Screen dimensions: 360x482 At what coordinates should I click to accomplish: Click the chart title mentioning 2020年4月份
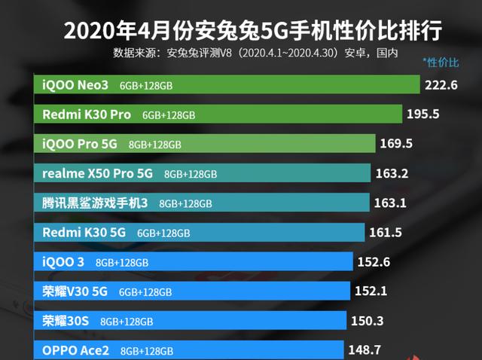coord(252,31)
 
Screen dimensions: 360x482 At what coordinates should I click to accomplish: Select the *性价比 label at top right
coord(440,60)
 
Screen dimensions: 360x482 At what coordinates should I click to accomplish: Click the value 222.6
coord(441,85)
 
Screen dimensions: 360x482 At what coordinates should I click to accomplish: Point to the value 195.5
coord(423,114)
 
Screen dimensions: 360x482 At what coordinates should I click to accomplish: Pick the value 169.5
coord(397,143)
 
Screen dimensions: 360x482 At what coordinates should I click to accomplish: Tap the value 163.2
coord(392,173)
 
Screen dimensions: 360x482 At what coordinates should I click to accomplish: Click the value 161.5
coord(386,233)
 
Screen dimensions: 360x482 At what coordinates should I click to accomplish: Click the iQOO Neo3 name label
coord(75,85)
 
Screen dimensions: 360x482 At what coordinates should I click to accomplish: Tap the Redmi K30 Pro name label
coord(87,114)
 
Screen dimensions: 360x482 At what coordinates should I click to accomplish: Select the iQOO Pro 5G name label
coord(80,143)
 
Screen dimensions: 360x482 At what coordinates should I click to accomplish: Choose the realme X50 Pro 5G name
coord(98,173)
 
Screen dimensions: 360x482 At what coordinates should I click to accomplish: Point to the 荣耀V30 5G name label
coord(75,291)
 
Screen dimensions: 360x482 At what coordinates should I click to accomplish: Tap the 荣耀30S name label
coord(66,321)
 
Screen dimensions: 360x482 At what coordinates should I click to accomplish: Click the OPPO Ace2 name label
coord(76,350)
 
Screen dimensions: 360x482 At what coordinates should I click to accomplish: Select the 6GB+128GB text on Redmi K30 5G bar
coord(163,233)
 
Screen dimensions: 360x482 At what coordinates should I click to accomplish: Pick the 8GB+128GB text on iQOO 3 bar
coord(122,262)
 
